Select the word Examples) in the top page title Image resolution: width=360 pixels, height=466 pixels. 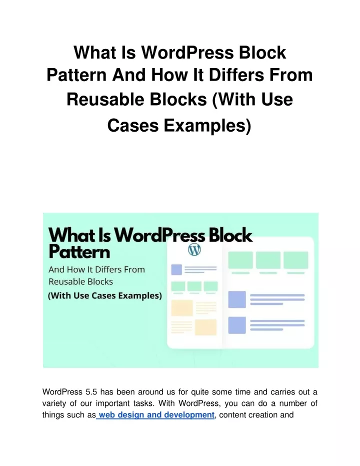[x=207, y=126]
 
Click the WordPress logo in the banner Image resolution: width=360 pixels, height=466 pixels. [x=194, y=250]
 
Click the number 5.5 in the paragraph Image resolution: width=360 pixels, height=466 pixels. [x=91, y=392]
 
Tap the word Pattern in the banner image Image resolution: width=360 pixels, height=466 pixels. [x=79, y=252]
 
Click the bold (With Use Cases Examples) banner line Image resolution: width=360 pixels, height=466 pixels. [x=105, y=296]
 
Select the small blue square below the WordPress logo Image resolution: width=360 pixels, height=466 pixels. [x=176, y=270]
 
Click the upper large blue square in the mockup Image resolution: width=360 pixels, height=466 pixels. [x=237, y=299]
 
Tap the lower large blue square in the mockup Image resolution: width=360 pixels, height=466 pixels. [x=237, y=325]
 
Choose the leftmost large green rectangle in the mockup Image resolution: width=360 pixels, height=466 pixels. [x=240, y=260]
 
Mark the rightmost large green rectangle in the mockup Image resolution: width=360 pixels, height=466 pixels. [x=296, y=260]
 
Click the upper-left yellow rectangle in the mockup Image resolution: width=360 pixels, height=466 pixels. [x=182, y=308]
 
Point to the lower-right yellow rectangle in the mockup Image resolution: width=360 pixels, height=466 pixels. [x=205, y=327]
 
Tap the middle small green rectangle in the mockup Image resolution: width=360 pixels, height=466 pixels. [x=194, y=286]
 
